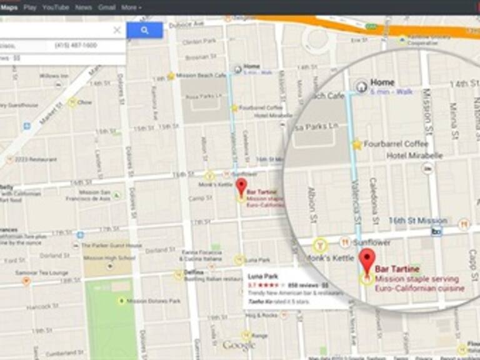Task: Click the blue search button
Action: point(144,30)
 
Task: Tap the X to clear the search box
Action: point(117,30)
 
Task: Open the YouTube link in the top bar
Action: point(56,7)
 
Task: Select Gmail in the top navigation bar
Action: point(107,7)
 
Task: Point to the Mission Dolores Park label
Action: point(153,301)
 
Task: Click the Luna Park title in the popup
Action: point(259,275)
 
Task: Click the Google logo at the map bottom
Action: point(239,346)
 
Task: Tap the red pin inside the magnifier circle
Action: point(367,259)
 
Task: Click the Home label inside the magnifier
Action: point(382,82)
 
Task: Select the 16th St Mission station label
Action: point(417,221)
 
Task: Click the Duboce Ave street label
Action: point(190,24)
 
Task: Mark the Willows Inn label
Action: point(54,76)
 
